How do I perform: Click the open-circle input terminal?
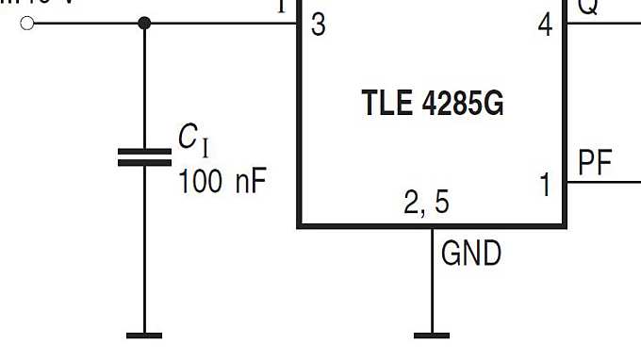(27, 23)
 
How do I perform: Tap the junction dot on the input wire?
(144, 23)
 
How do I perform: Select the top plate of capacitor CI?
(144, 151)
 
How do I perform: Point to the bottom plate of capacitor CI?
(144, 163)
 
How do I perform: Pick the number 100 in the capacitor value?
(201, 180)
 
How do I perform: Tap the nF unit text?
(251, 180)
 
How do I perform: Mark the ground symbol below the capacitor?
(144, 334)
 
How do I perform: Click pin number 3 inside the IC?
(318, 25)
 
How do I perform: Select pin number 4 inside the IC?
(546, 25)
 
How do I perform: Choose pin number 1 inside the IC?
(546, 186)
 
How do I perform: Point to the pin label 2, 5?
(427, 203)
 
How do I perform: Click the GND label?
(471, 254)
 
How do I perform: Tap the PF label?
(595, 164)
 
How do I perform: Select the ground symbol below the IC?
(432, 334)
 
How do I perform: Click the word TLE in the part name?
(384, 104)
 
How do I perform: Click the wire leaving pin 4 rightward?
(603, 23)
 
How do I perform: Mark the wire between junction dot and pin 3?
(222, 23)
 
